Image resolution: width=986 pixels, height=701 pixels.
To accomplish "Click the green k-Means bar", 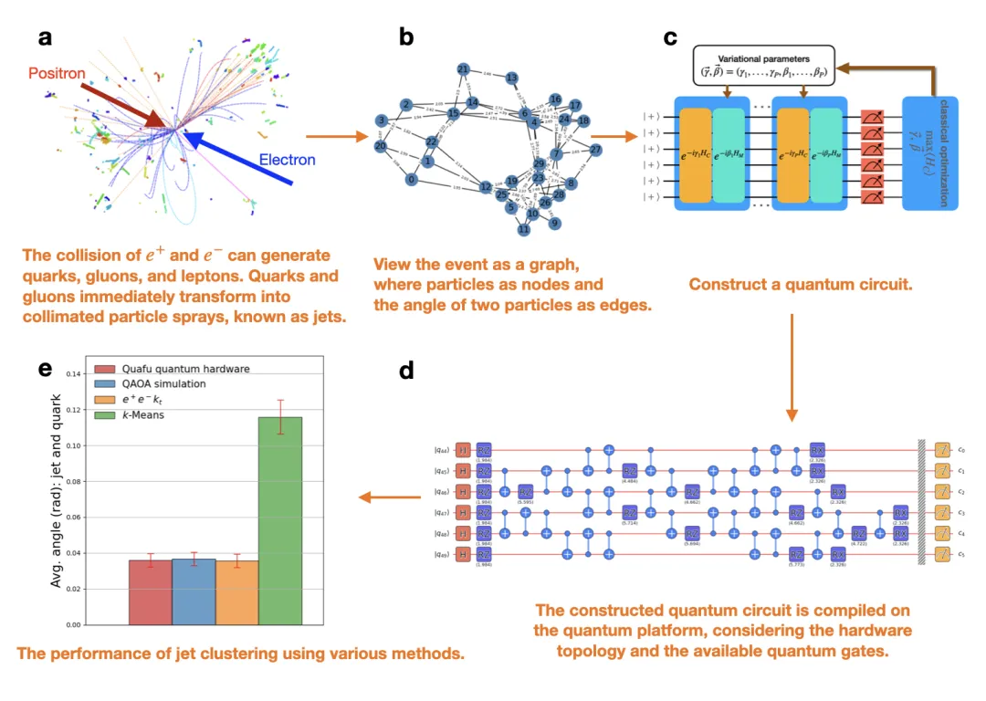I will (280, 520).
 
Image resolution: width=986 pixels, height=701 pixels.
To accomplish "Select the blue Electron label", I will (287, 161).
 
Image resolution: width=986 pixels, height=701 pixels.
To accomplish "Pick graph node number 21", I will (463, 69).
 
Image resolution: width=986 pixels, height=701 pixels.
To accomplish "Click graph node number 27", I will (595, 150).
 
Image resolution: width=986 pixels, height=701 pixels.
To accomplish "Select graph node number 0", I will (412, 180).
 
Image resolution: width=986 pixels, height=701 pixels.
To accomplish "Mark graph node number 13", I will (512, 78).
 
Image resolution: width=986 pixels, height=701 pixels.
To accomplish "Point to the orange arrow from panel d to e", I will (381, 497).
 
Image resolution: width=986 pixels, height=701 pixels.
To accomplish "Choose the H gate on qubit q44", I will (463, 449).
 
